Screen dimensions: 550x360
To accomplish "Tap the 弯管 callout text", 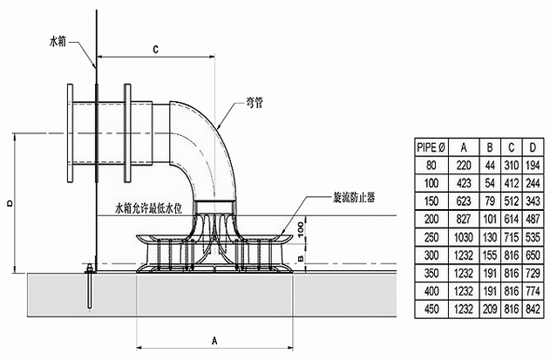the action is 255,103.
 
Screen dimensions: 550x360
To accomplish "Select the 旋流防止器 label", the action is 354,198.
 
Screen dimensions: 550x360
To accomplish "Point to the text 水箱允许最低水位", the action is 149,209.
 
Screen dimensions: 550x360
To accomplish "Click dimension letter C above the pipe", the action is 155,50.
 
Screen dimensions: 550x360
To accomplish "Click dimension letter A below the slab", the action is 214,340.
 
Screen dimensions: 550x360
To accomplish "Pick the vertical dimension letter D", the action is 10,203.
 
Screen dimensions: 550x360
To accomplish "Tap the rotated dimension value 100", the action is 300,229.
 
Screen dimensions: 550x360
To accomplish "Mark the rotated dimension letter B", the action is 300,259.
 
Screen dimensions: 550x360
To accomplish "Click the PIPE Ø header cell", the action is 431,147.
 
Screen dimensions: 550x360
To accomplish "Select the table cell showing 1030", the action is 464,237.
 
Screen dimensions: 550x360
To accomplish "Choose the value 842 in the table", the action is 533,309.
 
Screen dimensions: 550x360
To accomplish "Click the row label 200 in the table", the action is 431,220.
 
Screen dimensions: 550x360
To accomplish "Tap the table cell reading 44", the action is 490,166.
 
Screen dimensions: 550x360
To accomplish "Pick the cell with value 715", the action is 512,237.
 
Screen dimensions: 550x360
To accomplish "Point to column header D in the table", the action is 533,147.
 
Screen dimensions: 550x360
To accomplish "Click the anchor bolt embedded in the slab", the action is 90,286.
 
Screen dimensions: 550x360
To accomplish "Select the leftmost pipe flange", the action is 70,133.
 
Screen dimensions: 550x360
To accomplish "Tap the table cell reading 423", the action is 464,183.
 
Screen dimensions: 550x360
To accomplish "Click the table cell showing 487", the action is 533,220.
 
